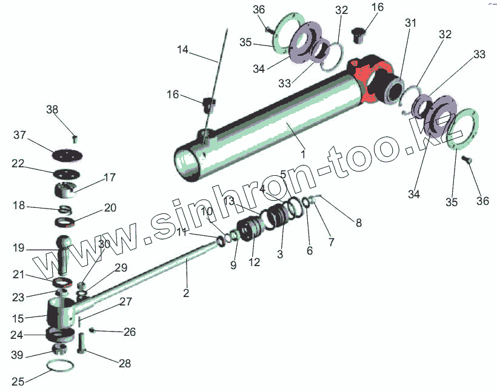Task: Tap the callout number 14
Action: [x=183, y=49]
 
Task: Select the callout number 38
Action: [x=53, y=110]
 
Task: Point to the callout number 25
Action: [x=19, y=381]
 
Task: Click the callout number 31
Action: [x=412, y=23]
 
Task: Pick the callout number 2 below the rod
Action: [x=186, y=293]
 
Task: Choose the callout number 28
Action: [x=124, y=364]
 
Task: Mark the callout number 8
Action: [x=359, y=222]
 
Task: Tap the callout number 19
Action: [x=18, y=248]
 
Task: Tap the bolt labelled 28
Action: [x=82, y=345]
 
